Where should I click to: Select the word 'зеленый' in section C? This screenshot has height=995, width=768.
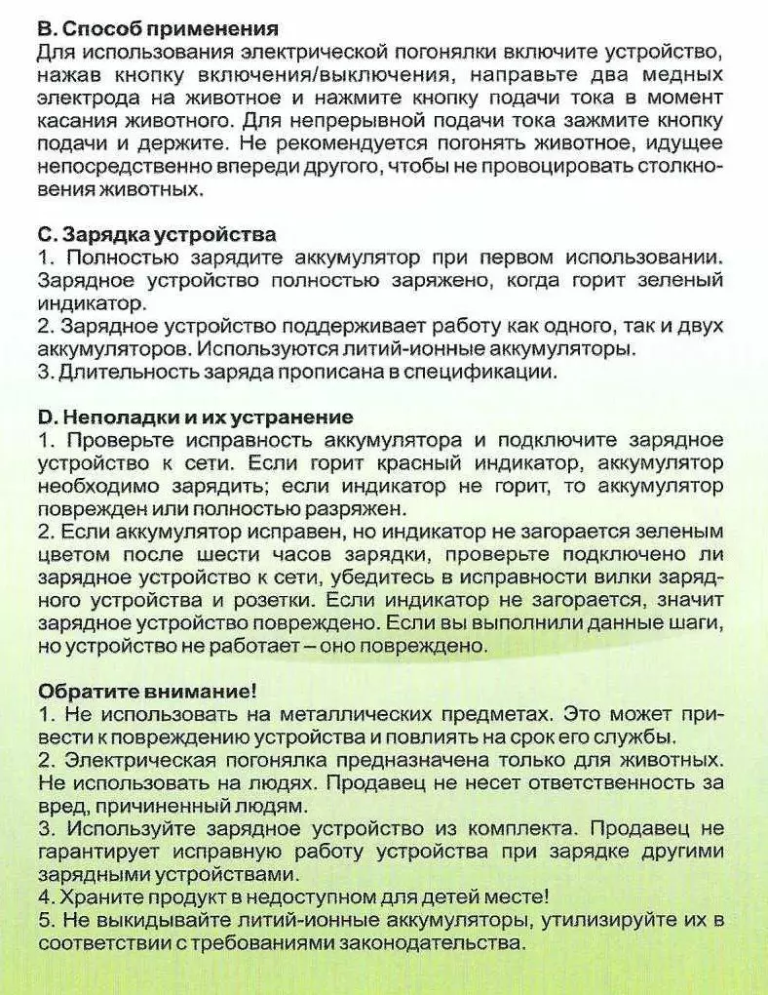point(682,281)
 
